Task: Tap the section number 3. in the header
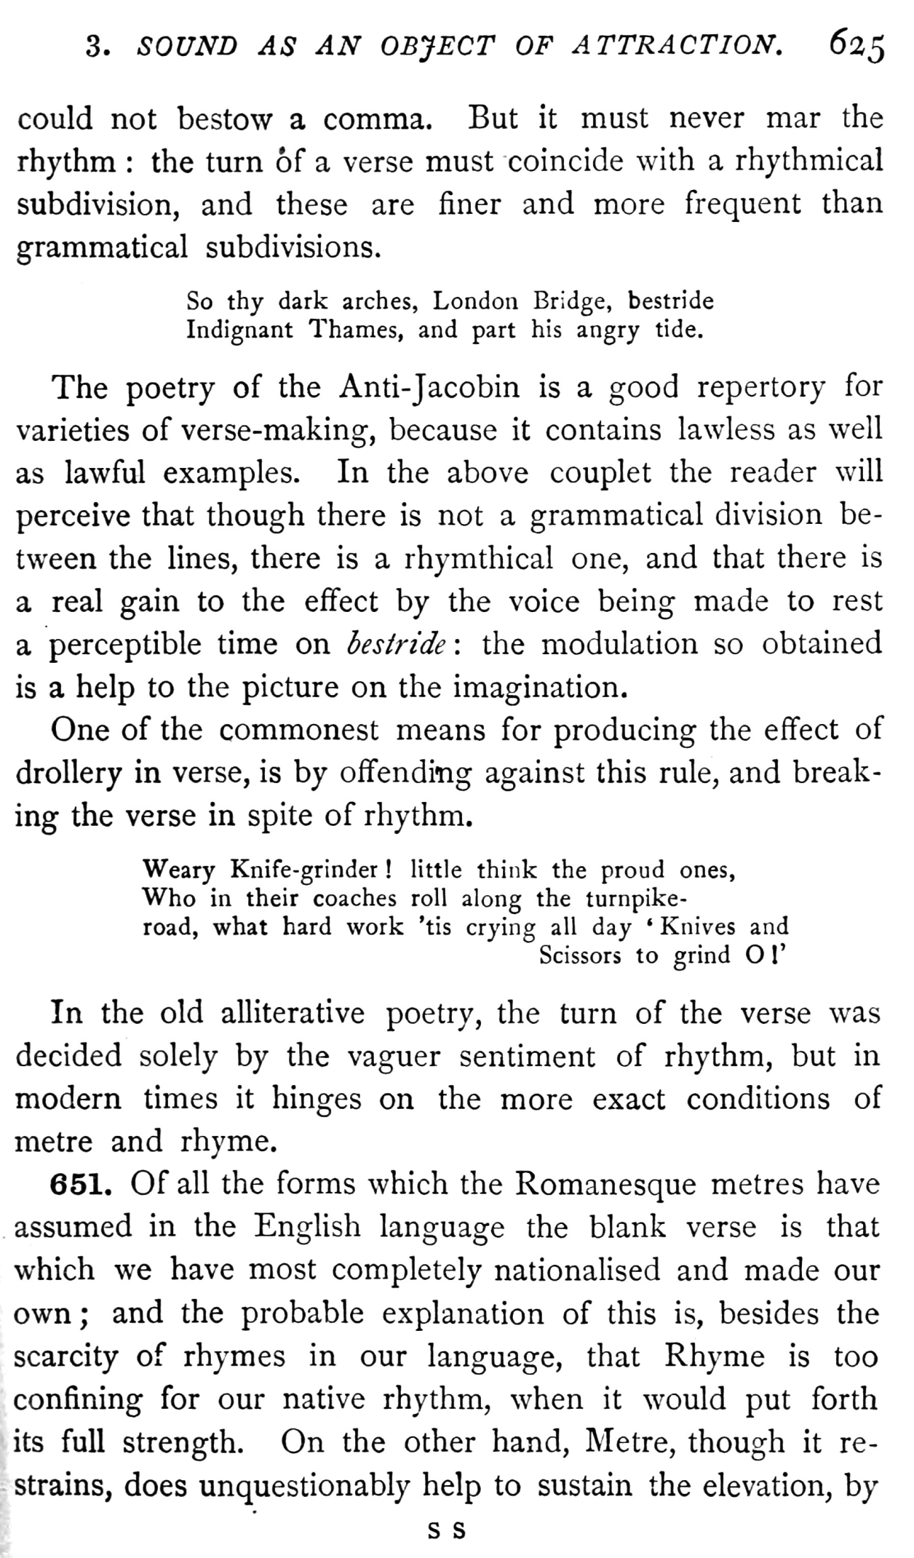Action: (97, 48)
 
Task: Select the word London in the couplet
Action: (475, 301)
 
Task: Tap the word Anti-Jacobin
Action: (430, 387)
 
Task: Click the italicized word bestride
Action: (397, 644)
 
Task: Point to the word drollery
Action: (68, 774)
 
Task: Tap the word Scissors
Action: (580, 955)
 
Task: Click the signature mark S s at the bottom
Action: (446, 1530)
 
